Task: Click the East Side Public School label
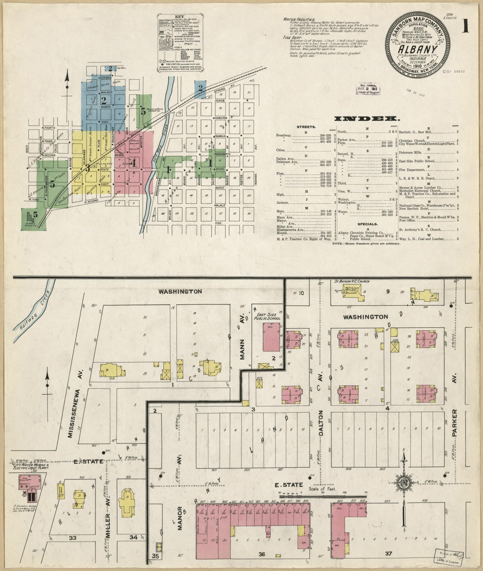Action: (x=267, y=317)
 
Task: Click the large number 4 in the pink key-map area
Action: (x=133, y=163)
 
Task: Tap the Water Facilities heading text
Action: (x=299, y=19)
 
